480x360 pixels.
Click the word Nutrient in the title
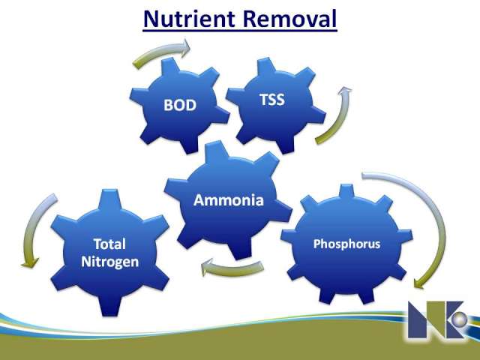click(x=189, y=19)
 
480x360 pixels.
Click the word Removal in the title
click(x=290, y=19)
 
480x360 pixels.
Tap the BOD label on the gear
click(x=180, y=105)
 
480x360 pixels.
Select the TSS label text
click(x=271, y=100)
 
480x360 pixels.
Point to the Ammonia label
click(x=228, y=200)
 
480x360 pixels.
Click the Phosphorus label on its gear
click(x=346, y=244)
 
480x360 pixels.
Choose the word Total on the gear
click(x=109, y=244)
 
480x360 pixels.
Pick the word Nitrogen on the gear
click(x=110, y=262)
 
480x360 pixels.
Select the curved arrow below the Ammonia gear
click(x=232, y=269)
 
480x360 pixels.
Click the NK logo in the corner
click(x=438, y=319)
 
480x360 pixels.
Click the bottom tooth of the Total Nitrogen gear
click(x=110, y=305)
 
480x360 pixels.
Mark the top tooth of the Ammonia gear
click(x=217, y=150)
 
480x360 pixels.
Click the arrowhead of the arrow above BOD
click(x=184, y=47)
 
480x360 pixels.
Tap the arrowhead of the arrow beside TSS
click(x=345, y=91)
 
